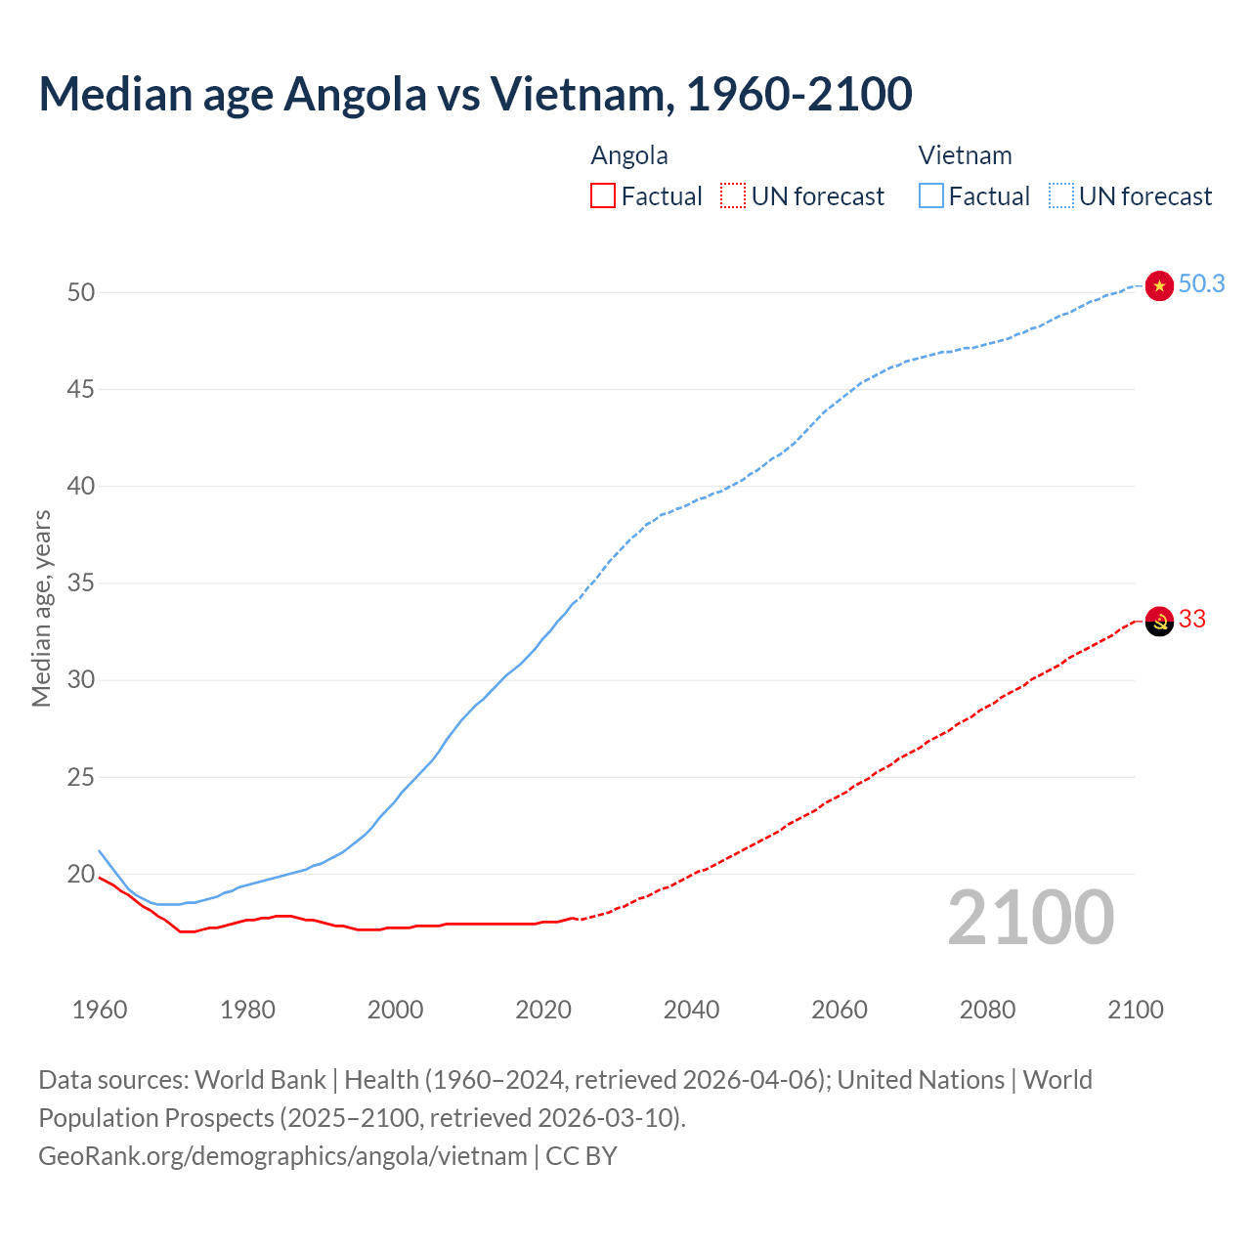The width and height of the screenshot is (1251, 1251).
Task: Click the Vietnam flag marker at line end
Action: (x=1159, y=285)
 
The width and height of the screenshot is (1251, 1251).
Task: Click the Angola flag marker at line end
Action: (x=1159, y=621)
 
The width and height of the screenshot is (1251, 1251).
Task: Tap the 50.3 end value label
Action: (x=1201, y=284)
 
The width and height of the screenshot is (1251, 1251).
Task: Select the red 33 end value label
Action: (x=1192, y=620)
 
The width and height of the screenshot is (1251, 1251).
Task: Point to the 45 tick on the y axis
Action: (x=81, y=390)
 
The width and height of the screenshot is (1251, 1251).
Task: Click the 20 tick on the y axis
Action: (x=81, y=875)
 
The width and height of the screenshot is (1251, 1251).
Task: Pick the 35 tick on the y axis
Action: (x=81, y=583)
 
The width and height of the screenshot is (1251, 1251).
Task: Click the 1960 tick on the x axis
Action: (x=100, y=1010)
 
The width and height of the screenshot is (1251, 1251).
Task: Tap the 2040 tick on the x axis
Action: (x=691, y=1010)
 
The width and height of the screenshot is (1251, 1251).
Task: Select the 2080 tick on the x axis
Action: (x=987, y=1010)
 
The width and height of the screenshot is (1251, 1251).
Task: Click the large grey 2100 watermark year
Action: (x=1031, y=918)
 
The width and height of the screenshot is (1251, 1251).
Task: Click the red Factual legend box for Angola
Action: (x=603, y=196)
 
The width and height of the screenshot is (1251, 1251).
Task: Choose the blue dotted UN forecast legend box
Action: (x=1061, y=196)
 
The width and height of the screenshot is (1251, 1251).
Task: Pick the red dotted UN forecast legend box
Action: (x=733, y=196)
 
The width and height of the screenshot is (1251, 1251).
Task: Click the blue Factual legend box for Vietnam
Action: (x=931, y=196)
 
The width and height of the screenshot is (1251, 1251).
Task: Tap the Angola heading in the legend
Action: (x=629, y=156)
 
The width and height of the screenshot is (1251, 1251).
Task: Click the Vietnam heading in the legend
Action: (x=965, y=156)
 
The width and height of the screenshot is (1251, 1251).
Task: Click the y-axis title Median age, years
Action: (x=41, y=608)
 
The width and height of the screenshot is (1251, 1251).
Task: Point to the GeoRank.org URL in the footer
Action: (x=282, y=1156)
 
